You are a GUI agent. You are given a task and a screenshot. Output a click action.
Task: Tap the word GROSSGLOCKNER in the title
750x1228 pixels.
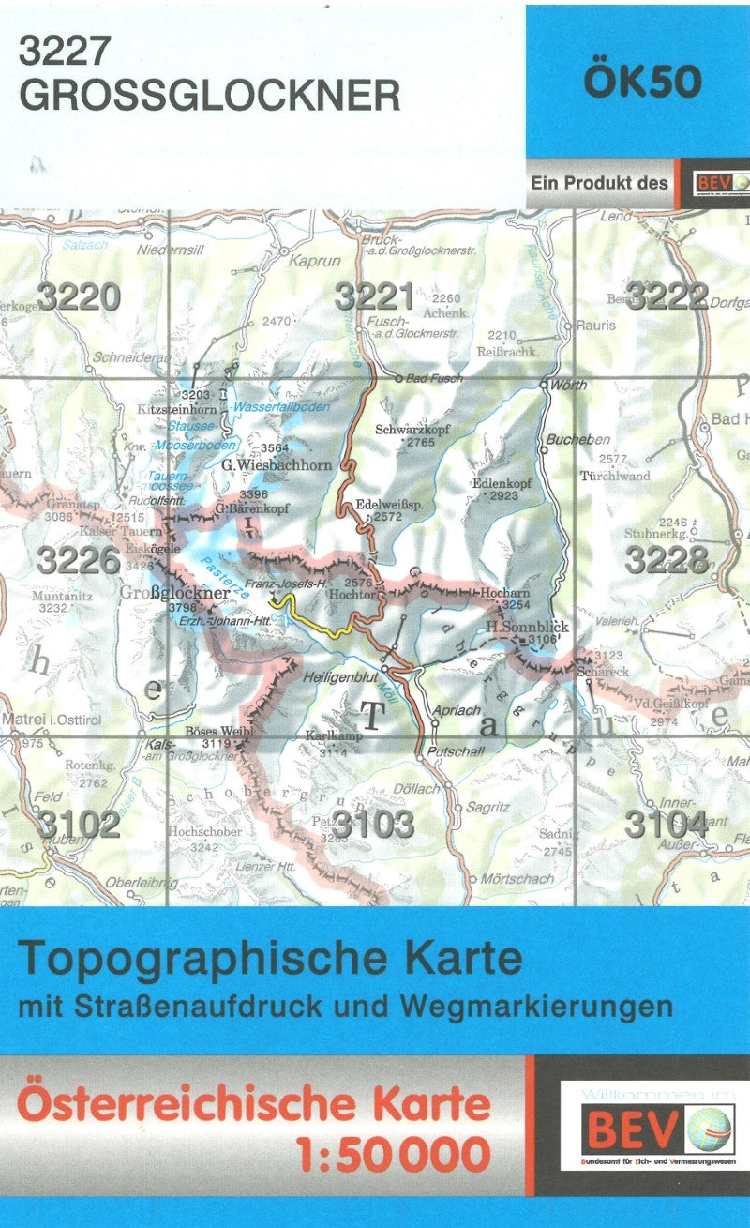[x=208, y=96]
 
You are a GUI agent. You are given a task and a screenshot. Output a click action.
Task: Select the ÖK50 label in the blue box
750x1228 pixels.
[x=642, y=82]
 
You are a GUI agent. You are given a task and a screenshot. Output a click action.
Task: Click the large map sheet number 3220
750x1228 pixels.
[x=80, y=297]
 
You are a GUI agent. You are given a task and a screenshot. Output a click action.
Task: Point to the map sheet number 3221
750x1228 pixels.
[x=374, y=297]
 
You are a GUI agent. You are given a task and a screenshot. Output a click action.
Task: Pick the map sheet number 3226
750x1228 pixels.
[x=79, y=560]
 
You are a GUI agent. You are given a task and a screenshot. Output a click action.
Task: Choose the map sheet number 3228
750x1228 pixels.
[x=667, y=560]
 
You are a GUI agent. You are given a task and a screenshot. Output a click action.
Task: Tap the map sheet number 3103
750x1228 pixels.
[x=374, y=825]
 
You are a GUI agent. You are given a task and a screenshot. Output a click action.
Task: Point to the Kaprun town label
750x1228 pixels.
[x=314, y=262]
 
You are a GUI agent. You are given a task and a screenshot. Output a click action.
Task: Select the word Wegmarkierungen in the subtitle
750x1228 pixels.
[x=535, y=1007]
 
